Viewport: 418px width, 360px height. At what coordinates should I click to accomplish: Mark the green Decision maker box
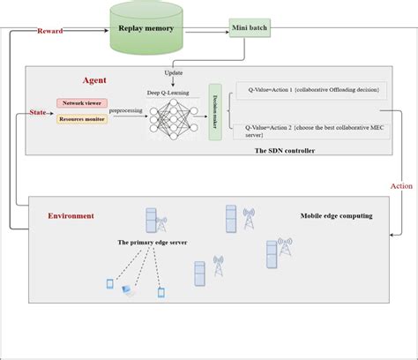pos(213,111)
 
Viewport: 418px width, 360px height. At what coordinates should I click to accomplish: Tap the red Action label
pos(401,186)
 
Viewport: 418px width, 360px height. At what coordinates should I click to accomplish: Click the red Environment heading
pos(70,215)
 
